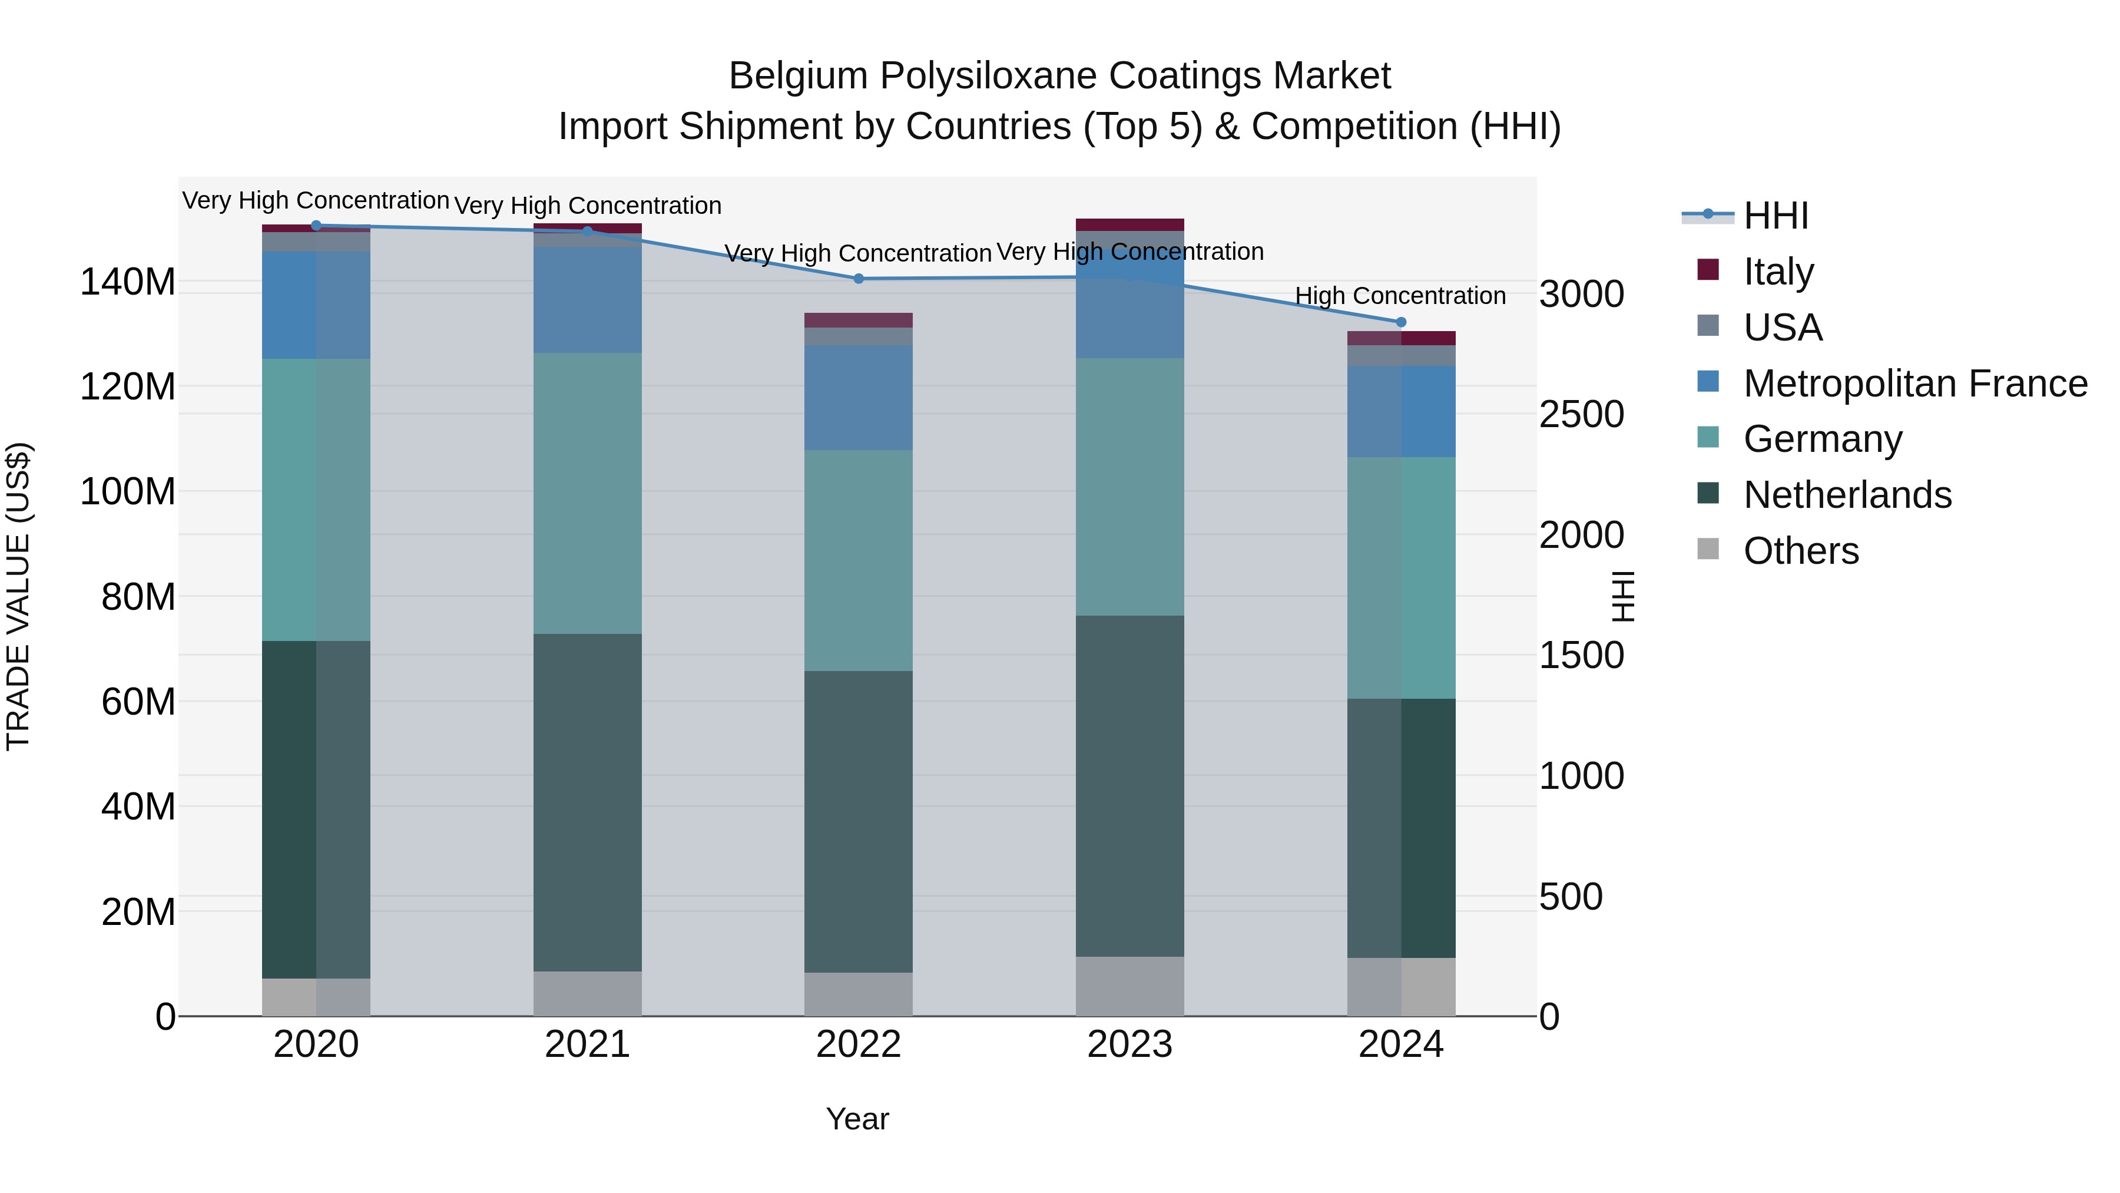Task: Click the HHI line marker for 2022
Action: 859,279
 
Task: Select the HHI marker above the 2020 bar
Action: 316,226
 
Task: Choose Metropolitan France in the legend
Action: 1914,384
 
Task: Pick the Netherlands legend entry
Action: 1847,495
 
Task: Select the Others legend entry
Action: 1801,551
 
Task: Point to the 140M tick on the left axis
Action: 128,282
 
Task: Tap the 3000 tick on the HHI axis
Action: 1582,294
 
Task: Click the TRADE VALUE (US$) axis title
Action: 18,596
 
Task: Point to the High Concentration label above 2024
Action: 1401,296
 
